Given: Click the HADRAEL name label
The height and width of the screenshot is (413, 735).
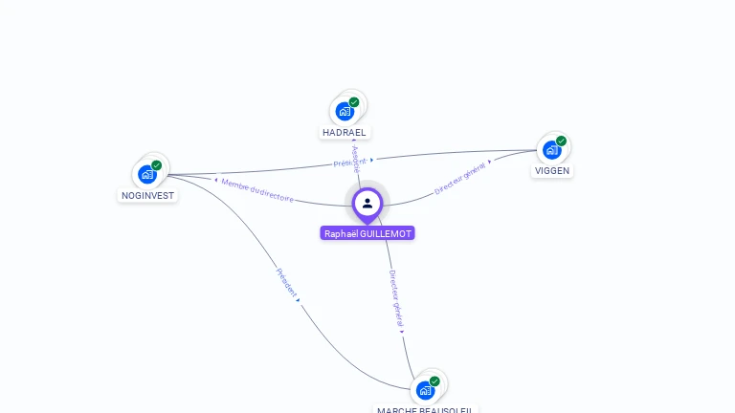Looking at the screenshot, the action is pos(345,132).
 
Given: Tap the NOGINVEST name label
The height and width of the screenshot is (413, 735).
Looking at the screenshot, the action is pos(147,195).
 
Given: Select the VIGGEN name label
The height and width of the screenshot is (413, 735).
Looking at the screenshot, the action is pos(552,170).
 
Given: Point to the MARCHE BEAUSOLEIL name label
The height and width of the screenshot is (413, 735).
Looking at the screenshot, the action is pos(425,409).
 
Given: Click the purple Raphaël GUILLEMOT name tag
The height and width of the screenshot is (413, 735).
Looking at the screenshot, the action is pos(367,233).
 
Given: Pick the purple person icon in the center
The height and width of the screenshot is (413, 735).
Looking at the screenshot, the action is pos(367,203).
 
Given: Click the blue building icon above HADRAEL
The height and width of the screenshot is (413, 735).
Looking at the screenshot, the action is pos(345,111).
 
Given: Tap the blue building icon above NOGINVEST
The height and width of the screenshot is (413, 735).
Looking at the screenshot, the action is pos(146,174).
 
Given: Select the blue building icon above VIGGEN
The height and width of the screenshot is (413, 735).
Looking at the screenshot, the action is pos(551,149).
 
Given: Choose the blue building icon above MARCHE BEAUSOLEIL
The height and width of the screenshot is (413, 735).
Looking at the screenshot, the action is pos(425,390).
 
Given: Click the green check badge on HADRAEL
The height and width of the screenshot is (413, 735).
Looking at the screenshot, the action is pos(354,102).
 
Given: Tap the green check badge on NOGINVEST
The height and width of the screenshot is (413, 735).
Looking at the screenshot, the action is pos(157,165).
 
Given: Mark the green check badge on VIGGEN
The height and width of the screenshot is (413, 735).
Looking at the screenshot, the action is pos(561,141).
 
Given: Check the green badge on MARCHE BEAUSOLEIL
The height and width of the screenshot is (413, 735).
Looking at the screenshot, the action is pos(434,381).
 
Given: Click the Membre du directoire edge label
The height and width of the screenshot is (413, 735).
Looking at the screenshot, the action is pos(257,189).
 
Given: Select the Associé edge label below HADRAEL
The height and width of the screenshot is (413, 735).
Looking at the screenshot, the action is pos(354,159).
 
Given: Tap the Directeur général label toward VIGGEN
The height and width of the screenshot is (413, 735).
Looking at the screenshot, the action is pos(460,178).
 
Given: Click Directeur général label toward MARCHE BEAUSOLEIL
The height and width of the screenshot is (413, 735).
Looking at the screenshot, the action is pos(396,299).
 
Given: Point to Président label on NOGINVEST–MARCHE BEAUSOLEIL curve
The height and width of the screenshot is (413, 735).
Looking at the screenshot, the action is pos(286,284).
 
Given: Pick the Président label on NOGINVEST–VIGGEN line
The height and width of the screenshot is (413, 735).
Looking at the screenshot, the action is pos(350,163).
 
